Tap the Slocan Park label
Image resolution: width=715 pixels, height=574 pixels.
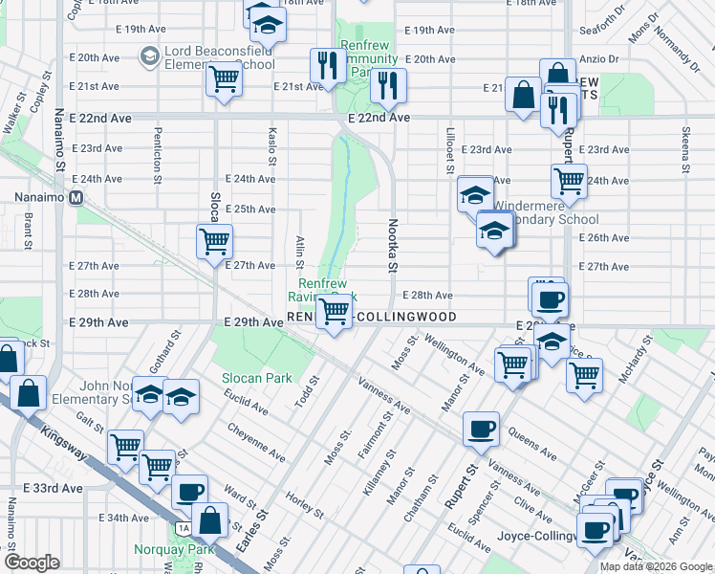257,378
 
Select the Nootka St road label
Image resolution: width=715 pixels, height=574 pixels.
392,245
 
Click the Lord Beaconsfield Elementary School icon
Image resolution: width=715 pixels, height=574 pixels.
149,57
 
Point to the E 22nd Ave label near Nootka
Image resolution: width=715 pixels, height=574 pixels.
379,118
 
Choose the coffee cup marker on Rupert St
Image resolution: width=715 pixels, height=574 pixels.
481,429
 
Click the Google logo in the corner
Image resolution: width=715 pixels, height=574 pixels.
32,563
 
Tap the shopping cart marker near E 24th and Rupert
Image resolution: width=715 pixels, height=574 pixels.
569,179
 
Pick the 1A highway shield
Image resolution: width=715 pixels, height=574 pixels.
183,528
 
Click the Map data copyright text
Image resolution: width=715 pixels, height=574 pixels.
656,566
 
